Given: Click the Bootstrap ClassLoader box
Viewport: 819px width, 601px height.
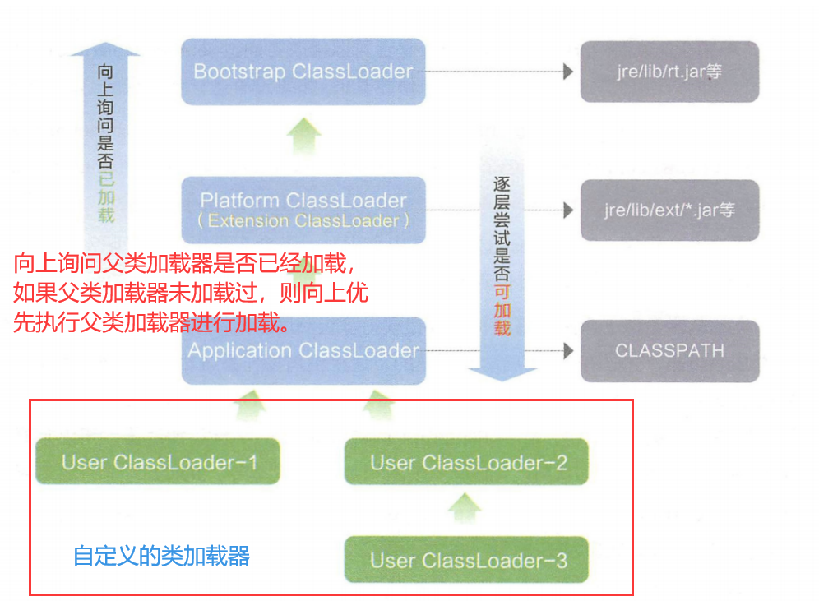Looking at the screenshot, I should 303,72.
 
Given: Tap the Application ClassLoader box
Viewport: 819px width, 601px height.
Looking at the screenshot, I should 303,351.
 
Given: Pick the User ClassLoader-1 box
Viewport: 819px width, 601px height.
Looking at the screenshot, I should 159,462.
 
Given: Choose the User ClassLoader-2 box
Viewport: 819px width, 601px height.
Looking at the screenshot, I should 468,462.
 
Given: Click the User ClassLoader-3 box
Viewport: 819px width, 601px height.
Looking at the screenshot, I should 468,561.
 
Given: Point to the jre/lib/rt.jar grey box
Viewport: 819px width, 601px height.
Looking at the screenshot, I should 669,72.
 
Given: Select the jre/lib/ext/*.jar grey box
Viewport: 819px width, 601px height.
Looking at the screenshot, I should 669,210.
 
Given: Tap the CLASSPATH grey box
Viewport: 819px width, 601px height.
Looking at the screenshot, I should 669,351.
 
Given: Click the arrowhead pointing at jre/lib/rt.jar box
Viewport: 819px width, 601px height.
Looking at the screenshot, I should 568,72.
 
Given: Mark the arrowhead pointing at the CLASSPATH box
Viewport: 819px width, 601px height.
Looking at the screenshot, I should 568,351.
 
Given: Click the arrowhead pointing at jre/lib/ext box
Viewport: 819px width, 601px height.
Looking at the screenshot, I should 568,210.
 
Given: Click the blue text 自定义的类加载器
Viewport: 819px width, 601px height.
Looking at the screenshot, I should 161,557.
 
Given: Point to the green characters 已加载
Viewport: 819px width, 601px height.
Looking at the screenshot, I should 105,198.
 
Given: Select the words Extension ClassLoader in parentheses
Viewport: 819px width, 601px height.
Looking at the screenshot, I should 303,221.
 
